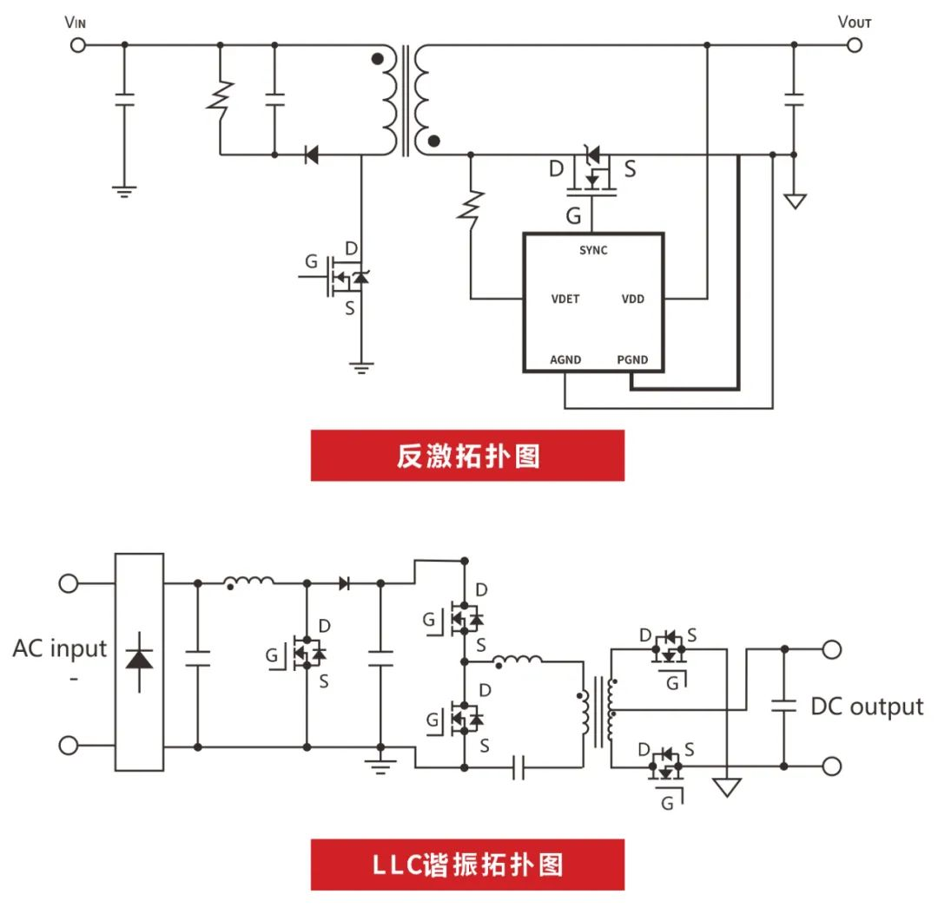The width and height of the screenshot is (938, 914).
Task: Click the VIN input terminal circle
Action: click(x=78, y=43)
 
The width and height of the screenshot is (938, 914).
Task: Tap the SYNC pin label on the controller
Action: click(x=593, y=251)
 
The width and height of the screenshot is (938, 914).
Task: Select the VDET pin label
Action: click(x=565, y=299)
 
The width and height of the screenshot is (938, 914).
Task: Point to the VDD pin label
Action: click(x=632, y=299)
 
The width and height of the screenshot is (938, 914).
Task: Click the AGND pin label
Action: click(x=565, y=359)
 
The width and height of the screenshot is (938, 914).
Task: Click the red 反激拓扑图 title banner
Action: click(x=467, y=456)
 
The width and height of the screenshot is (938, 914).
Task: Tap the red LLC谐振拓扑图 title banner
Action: click(x=467, y=865)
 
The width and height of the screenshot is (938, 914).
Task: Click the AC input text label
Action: click(x=60, y=648)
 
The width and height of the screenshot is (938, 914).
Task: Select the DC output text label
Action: click(x=866, y=707)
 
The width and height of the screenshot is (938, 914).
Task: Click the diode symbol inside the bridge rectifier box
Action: click(x=139, y=659)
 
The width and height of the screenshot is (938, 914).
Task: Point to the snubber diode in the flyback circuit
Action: click(x=311, y=155)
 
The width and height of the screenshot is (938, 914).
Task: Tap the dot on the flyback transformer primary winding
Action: click(x=377, y=60)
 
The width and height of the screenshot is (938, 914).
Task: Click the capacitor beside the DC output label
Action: click(x=784, y=707)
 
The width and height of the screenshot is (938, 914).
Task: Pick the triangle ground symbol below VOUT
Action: click(x=794, y=201)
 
